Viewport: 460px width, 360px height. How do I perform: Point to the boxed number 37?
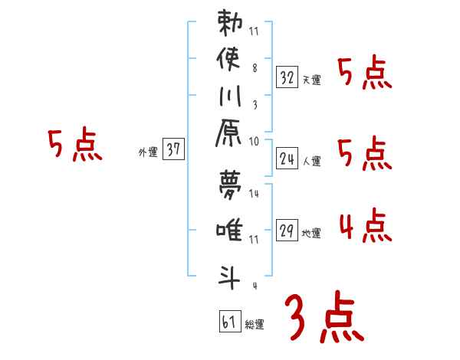click(x=173, y=150)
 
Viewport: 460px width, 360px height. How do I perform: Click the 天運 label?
click(x=311, y=80)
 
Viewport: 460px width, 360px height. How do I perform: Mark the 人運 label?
click(x=311, y=161)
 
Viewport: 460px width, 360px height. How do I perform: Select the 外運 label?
click(x=147, y=152)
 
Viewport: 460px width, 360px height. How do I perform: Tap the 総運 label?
click(x=255, y=325)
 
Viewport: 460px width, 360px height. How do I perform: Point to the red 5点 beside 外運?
click(x=74, y=145)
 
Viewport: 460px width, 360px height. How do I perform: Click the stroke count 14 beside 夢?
click(x=255, y=195)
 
